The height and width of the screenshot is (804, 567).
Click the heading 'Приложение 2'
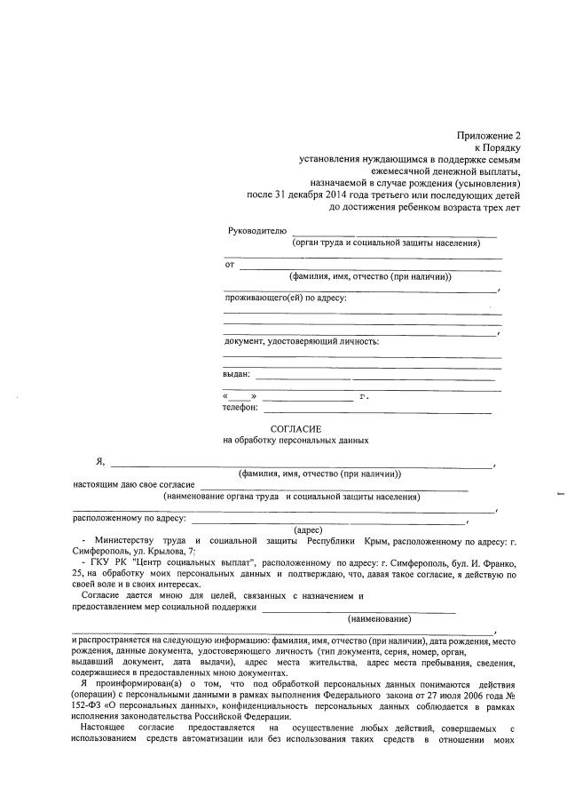pos(487,134)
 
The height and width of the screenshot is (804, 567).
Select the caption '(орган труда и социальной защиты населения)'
pos(386,243)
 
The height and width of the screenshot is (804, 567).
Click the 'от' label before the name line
pos(230,265)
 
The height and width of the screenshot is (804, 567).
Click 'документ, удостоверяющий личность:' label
pos(302,341)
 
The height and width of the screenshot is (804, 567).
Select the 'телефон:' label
pos(240,409)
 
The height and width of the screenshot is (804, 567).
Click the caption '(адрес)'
pos(295,529)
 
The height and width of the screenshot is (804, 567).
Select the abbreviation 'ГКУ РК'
pos(106,563)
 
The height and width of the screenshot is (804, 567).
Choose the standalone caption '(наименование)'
pos(379,618)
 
